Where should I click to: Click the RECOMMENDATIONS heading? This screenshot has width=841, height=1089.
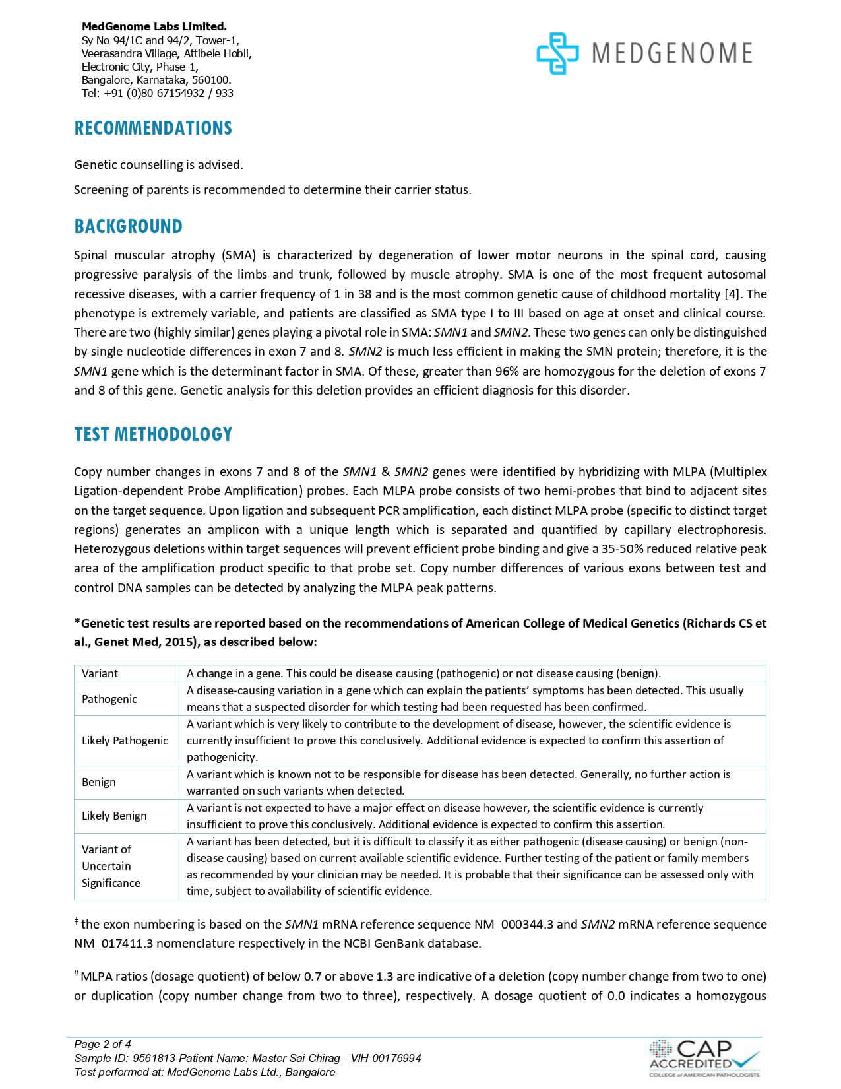(x=153, y=128)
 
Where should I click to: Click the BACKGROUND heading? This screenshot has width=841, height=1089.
(x=128, y=226)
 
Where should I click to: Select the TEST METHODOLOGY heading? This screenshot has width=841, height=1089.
(x=153, y=434)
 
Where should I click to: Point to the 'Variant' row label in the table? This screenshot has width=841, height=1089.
(x=100, y=673)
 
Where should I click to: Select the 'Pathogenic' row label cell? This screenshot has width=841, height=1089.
(x=109, y=699)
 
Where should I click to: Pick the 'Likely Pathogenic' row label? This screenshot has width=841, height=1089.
(x=125, y=741)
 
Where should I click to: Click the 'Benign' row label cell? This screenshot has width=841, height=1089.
(x=99, y=782)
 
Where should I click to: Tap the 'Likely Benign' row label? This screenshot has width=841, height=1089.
(x=114, y=816)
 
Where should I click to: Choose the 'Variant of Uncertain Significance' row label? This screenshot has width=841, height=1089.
(x=111, y=866)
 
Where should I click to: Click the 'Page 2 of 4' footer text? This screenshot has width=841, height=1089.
(x=103, y=1044)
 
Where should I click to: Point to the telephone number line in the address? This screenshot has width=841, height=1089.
(x=157, y=93)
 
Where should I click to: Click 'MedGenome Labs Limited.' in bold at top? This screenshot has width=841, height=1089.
(x=154, y=26)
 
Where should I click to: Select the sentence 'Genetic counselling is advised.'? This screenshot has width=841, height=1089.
(x=158, y=164)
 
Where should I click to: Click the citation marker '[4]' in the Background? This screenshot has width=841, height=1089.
(x=733, y=294)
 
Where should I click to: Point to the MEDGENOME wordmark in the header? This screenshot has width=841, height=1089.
(x=671, y=53)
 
